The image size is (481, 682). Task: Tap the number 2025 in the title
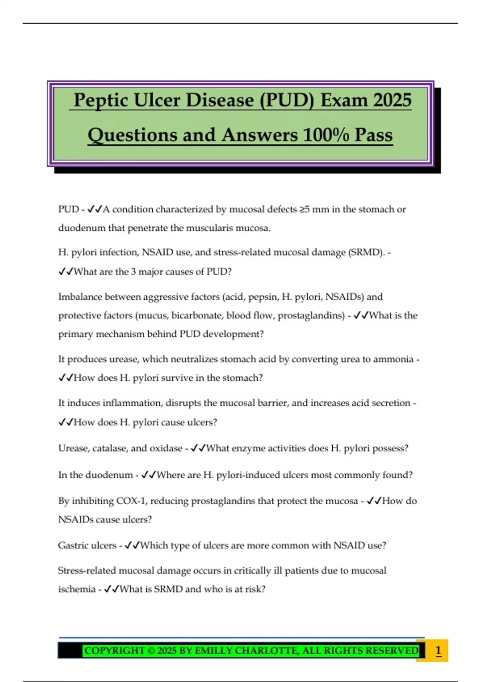[x=388, y=100]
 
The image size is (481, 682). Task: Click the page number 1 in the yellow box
[x=438, y=650]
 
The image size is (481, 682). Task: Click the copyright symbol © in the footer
[x=151, y=650]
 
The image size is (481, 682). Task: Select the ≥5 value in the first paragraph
[x=304, y=209]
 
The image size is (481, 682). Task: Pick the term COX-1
[x=132, y=501]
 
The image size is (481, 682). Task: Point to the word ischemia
[x=77, y=589]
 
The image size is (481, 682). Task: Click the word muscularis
[x=210, y=228]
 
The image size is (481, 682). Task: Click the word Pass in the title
[x=374, y=135]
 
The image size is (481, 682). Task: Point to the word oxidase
[x=166, y=448]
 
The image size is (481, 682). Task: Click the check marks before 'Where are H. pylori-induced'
[x=148, y=475]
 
